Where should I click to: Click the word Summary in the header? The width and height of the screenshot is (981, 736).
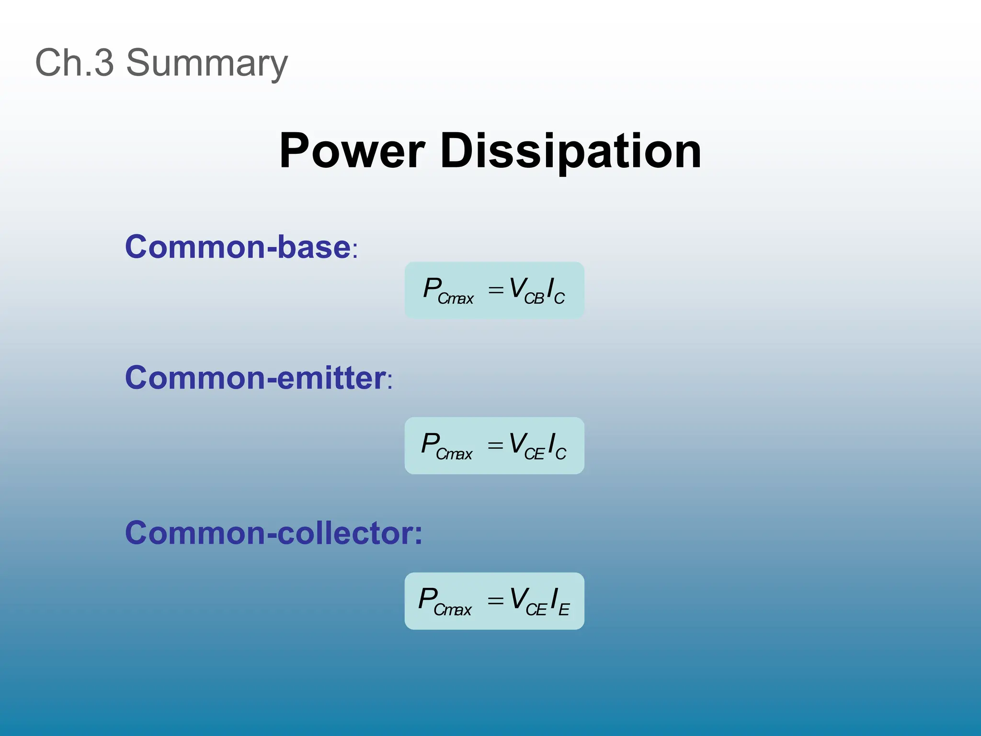[x=207, y=63]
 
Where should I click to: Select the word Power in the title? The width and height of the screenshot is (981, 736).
[x=352, y=151]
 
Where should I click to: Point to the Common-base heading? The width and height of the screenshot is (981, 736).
[x=238, y=247]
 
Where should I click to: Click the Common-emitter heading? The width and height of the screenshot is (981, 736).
[x=255, y=378]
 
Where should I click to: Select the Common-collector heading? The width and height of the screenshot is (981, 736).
[x=273, y=533]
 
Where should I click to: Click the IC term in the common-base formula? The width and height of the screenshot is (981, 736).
[x=556, y=291]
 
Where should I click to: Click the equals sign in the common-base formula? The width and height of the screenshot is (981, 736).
[x=496, y=290]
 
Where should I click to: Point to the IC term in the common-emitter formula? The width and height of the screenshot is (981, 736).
[x=557, y=446]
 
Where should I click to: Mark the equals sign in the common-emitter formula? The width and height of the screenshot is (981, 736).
[x=495, y=446]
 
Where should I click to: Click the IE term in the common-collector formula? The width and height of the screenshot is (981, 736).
[x=559, y=602]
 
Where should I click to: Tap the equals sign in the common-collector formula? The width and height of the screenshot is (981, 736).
[x=495, y=601]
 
